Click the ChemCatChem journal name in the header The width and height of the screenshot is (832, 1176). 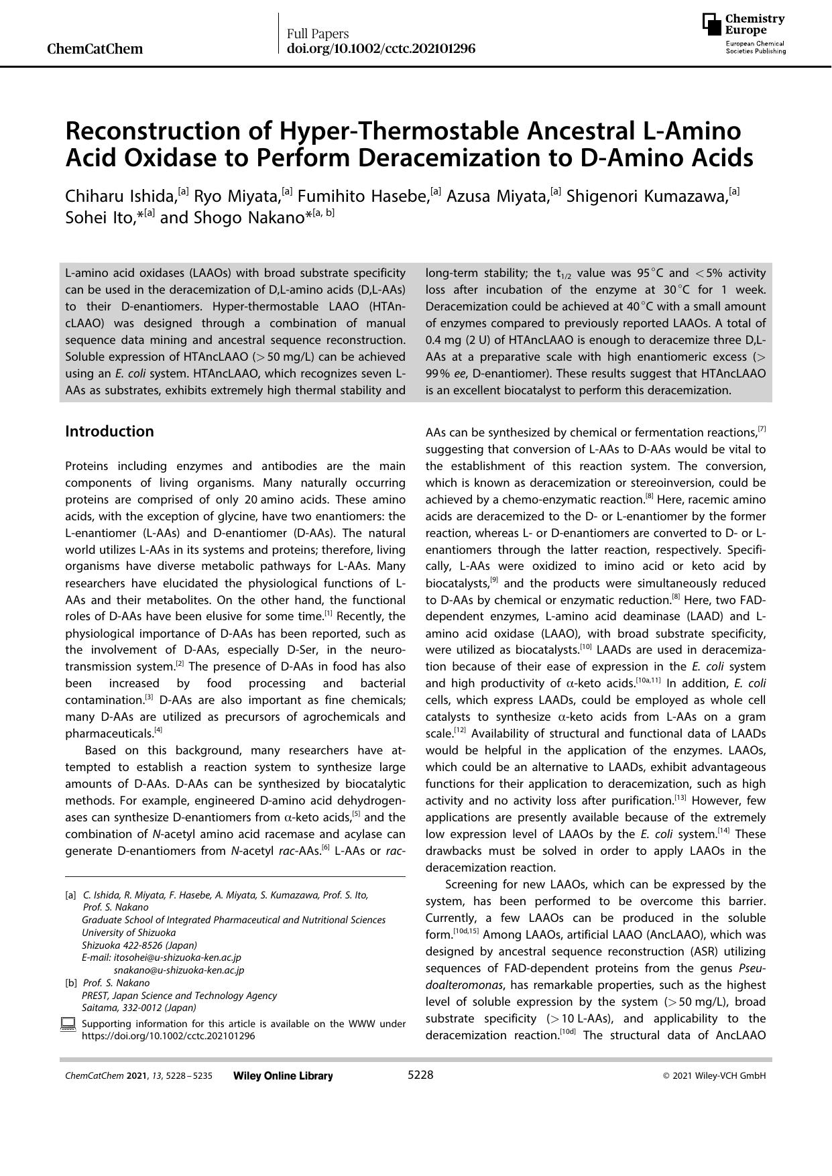pos(95,49)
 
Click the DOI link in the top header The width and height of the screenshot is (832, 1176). pos(381,49)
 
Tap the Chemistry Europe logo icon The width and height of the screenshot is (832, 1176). pos(712,24)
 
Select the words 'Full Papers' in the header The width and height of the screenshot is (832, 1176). pos(318,34)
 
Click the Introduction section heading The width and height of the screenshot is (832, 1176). pos(109,431)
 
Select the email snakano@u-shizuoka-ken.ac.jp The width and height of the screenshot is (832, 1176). pos(179,970)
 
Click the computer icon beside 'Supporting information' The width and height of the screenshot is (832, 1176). pos(68,1024)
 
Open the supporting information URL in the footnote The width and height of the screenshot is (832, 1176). pos(168,1036)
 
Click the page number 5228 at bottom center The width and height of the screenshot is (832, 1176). pos(420,1075)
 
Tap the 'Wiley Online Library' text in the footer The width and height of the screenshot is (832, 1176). pos(283,1076)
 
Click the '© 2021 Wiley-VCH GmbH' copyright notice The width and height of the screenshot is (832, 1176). pos(714,1076)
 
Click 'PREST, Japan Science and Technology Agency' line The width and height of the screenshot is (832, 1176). pos(179,996)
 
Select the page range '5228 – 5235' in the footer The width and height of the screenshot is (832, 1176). pos(191,1076)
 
